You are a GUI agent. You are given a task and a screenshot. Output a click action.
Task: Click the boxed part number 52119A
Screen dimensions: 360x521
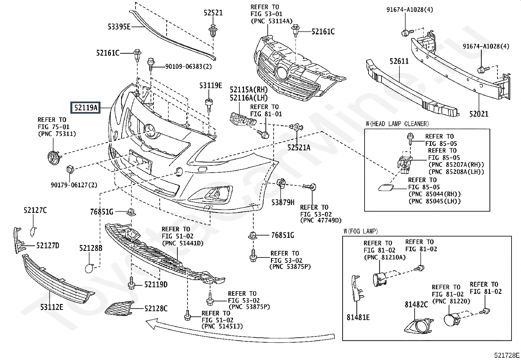(x=86, y=107)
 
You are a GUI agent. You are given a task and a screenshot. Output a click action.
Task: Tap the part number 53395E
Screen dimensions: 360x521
(x=119, y=27)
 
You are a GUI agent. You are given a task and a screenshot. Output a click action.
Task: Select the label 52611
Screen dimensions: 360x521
(x=399, y=61)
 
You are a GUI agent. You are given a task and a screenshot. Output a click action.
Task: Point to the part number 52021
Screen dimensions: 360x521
(x=478, y=114)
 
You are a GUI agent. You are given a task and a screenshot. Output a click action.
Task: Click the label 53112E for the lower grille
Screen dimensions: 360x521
(x=52, y=307)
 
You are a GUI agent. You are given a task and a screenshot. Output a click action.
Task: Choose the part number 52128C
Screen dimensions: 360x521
(x=156, y=308)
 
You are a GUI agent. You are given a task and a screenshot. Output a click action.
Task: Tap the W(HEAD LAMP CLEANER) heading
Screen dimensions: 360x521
(x=397, y=124)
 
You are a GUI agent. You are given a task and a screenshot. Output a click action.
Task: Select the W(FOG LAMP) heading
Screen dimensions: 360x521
(x=361, y=231)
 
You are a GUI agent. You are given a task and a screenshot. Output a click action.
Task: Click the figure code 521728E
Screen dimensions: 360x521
(x=507, y=355)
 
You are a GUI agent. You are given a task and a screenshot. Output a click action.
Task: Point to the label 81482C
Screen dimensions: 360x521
(x=416, y=305)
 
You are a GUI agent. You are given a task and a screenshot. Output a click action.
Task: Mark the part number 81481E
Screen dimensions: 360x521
(x=358, y=317)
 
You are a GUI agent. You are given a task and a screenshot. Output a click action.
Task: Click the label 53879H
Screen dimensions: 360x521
(x=283, y=202)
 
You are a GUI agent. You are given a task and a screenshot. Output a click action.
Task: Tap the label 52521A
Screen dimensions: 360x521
(x=298, y=148)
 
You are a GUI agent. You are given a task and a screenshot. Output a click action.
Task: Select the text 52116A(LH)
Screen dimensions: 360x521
(x=248, y=98)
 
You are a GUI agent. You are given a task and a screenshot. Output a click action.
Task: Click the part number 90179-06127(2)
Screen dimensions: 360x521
(x=74, y=185)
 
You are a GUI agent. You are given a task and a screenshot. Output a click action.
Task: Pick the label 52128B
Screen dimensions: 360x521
(x=91, y=248)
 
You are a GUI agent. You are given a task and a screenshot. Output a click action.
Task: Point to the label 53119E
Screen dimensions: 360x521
(x=211, y=85)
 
